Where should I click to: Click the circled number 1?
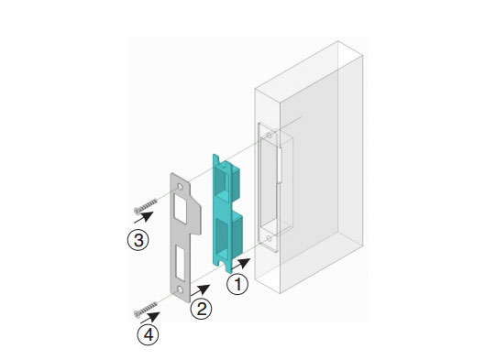(x=237, y=284)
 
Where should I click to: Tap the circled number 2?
(x=201, y=309)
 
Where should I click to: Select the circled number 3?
(x=138, y=240)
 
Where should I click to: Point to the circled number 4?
(x=148, y=334)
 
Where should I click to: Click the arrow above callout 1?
(x=241, y=264)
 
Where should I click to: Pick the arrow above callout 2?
(x=200, y=289)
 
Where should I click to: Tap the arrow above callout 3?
(x=144, y=217)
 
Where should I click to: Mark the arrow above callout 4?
(x=150, y=317)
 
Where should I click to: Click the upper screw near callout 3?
(x=146, y=205)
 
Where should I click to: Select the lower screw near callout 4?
(x=146, y=309)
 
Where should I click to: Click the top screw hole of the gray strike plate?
(x=180, y=187)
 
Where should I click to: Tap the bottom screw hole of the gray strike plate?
(x=180, y=289)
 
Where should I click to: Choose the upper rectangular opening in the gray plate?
(x=180, y=209)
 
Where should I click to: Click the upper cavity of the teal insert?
(x=223, y=181)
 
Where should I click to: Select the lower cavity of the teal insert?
(x=223, y=235)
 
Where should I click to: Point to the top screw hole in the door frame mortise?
(x=270, y=136)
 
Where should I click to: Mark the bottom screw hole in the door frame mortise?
(x=270, y=238)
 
